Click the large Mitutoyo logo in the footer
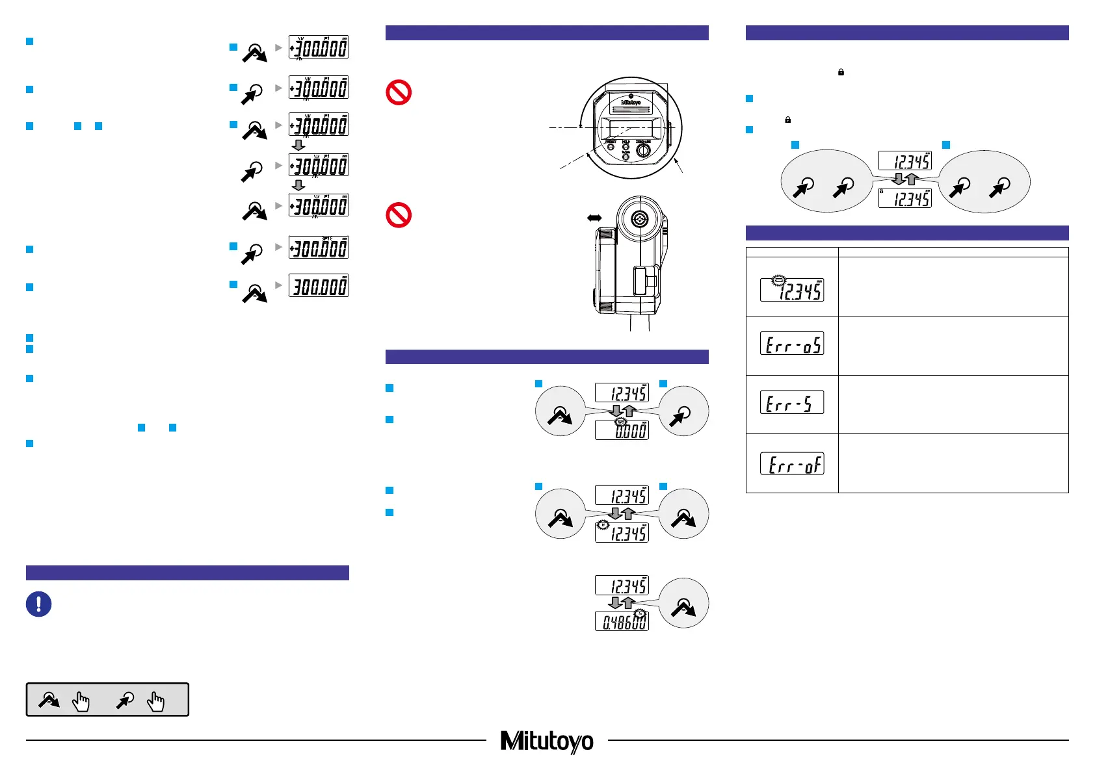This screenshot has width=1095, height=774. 547,741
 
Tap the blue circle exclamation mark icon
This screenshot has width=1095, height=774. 38,604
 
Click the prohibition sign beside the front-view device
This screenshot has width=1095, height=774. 399,92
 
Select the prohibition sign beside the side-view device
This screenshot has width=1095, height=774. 399,214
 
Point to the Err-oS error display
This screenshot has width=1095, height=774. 791,343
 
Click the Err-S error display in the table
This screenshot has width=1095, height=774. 791,402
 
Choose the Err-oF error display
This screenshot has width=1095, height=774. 791,463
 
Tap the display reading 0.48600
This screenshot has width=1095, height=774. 622,621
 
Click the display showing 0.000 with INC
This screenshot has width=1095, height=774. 622,430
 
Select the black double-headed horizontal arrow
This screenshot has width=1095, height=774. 594,218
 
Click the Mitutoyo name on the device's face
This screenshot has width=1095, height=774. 630,102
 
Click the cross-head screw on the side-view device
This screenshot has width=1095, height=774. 640,220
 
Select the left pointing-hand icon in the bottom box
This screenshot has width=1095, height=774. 81,701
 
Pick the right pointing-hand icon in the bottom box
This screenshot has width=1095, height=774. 156,701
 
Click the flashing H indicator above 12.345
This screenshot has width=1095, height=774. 603,524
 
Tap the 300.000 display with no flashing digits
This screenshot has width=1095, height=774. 319,286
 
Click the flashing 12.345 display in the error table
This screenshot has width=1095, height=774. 791,290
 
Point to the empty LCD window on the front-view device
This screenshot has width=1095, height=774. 629,128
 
